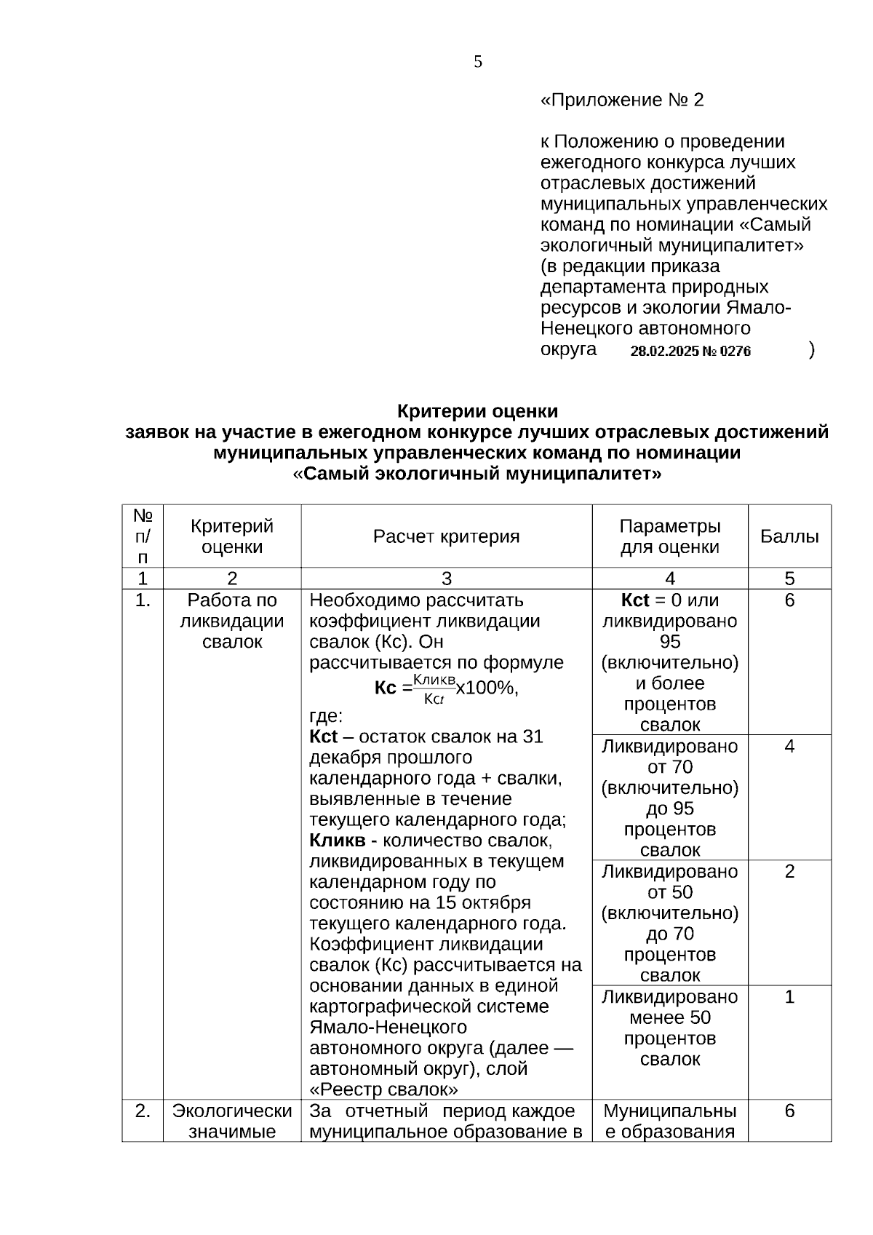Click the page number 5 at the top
478,62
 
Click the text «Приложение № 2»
622,100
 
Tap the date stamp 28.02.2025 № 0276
690,352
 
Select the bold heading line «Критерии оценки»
477,411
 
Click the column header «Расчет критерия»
446,536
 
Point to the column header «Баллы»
789,536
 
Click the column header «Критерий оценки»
232,536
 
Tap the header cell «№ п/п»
143,536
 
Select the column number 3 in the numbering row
446,579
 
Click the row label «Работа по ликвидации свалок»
232,621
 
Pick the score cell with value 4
789,747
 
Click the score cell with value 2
789,872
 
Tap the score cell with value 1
789,997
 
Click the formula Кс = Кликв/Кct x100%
446,688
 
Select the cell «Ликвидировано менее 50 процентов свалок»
669,1028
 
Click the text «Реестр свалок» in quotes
383,1089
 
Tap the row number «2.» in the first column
143,1111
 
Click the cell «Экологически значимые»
232,1121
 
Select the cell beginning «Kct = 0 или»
669,662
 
